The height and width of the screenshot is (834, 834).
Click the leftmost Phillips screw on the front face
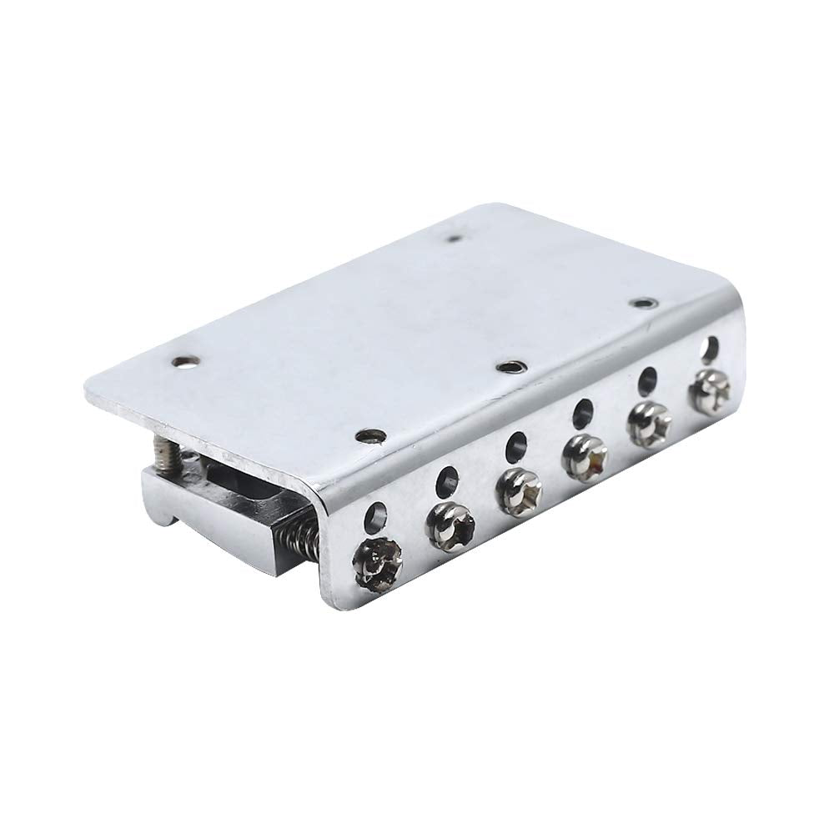coord(379,563)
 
